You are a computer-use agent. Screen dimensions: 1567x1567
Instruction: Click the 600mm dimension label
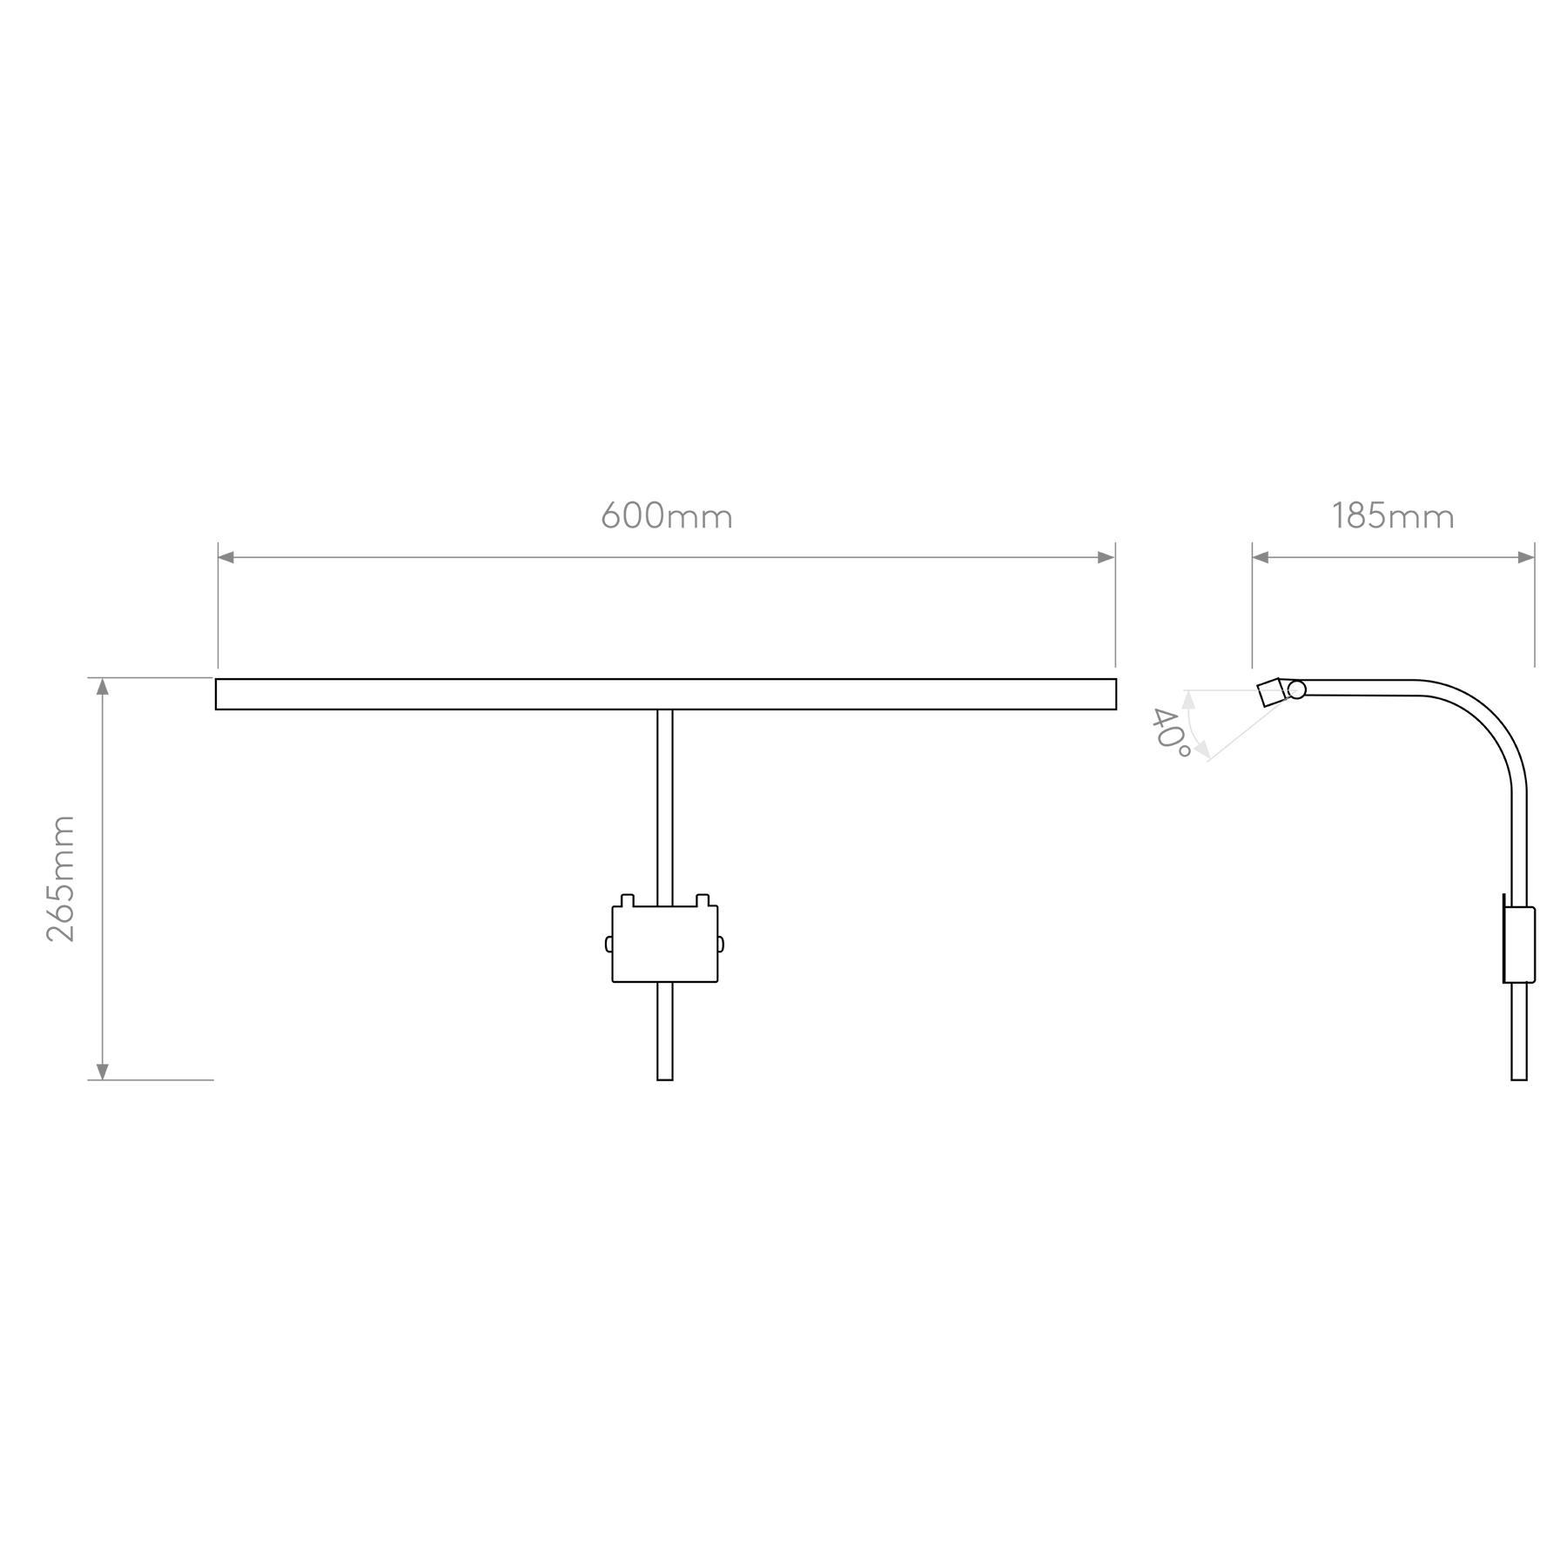pos(667,515)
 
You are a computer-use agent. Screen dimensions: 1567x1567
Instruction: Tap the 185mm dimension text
pos(1393,515)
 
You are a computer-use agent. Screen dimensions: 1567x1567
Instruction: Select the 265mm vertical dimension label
pos(61,878)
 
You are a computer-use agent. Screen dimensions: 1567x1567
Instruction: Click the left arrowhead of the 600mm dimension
pos(225,557)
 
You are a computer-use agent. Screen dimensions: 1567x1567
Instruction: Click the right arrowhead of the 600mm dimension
pos(1106,557)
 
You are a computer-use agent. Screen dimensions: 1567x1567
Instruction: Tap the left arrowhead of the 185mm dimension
pos(1261,557)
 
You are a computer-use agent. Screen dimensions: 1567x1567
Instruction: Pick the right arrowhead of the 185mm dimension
pos(1526,557)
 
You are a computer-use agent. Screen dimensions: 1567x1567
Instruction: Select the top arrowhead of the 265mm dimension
pos(102,686)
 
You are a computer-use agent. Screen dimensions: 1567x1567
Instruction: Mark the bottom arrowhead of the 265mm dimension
pos(102,1072)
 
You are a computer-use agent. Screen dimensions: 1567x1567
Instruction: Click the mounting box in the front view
pos(665,944)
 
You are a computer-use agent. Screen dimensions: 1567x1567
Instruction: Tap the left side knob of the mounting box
pos(609,944)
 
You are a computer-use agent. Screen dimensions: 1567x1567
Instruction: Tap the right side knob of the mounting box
pos(721,944)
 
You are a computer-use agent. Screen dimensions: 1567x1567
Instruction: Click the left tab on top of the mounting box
pos(627,900)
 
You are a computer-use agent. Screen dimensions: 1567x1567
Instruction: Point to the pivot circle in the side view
pos(1296,689)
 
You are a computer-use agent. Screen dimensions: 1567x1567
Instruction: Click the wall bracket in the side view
pos(1519,945)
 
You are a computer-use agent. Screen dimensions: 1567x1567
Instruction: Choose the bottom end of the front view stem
pos(665,1079)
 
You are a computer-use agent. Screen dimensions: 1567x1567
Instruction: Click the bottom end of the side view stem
pos(1519,1079)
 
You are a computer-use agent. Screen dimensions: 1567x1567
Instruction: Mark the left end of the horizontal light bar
pos(216,694)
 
